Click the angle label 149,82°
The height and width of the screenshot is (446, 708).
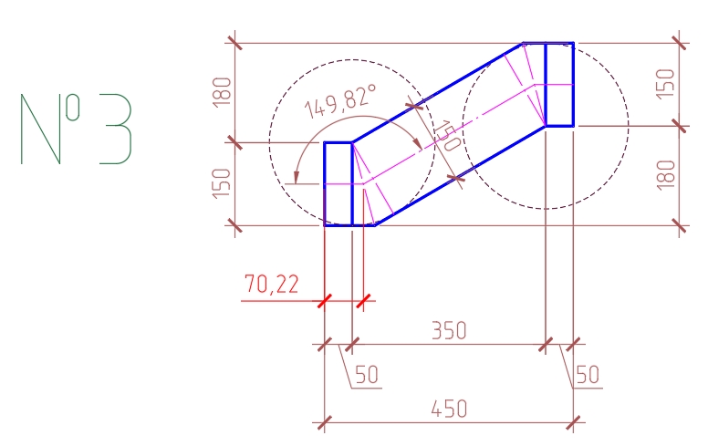(340, 101)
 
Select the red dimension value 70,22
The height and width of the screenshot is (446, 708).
(271, 285)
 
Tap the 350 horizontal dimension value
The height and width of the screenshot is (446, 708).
(449, 330)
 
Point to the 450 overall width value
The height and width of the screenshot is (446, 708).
(449, 409)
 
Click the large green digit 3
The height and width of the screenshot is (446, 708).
(116, 129)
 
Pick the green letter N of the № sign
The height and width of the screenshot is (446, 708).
(41, 130)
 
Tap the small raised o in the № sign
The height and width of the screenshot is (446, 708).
(73, 108)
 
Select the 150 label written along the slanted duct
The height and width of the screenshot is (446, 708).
(447, 135)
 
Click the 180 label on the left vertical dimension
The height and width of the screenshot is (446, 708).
(222, 92)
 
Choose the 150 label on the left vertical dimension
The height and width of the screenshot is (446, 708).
(222, 183)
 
